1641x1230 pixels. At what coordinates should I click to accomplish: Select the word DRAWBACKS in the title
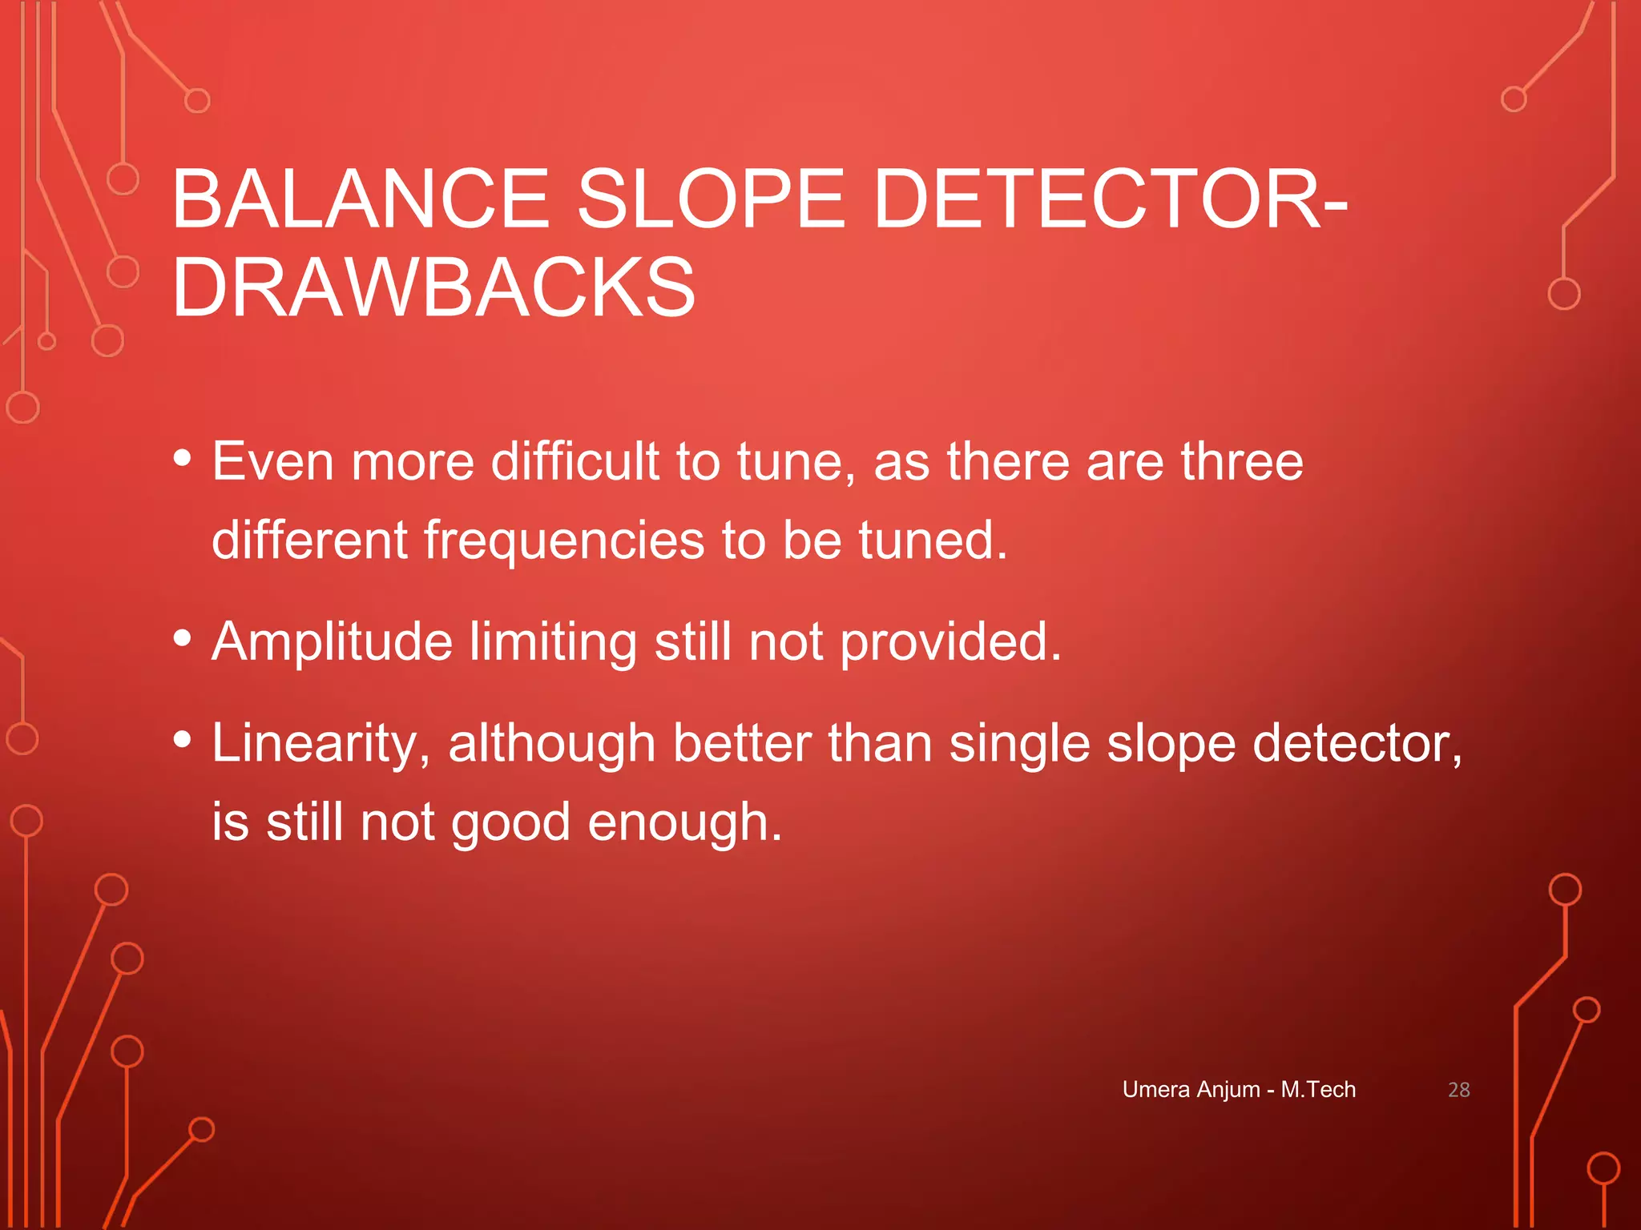click(x=433, y=287)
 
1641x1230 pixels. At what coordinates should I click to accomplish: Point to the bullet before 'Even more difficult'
click(x=183, y=458)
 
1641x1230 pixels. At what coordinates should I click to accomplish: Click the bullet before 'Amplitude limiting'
click(x=183, y=638)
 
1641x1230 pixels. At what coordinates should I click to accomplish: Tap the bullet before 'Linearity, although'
click(x=183, y=739)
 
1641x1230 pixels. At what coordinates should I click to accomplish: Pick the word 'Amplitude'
click(x=332, y=642)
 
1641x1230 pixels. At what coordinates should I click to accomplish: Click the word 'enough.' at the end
click(x=685, y=823)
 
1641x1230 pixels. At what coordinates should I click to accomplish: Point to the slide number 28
click(x=1458, y=1090)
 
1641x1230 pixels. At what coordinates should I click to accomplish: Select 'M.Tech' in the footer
click(x=1318, y=1090)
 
